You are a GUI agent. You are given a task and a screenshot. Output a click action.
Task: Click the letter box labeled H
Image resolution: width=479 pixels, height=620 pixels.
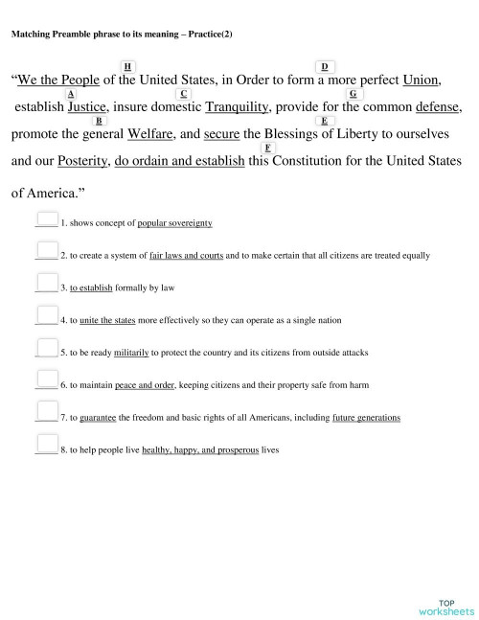128,64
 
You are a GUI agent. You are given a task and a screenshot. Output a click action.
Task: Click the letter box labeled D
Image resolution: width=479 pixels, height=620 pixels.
325,66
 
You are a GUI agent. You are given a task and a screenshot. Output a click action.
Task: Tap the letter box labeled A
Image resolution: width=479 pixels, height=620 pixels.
72,93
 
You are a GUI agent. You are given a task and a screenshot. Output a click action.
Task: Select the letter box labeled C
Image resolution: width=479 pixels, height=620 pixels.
183,93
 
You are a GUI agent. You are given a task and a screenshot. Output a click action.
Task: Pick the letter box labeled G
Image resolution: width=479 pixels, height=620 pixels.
353,93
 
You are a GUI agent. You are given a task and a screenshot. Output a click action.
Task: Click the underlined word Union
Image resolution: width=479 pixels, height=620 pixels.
422,80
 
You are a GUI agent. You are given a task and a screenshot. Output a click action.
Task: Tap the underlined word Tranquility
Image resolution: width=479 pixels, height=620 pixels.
239,107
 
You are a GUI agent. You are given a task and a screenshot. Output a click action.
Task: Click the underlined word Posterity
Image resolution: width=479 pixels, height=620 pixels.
82,161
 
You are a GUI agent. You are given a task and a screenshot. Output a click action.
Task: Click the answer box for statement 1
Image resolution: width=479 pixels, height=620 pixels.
46,219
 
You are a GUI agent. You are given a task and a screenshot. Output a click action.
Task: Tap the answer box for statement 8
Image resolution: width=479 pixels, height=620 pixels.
46,444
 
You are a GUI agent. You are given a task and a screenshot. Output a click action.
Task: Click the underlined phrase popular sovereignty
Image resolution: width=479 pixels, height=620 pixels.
174,223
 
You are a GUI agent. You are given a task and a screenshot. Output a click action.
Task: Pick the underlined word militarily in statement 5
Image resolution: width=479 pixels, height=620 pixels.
131,353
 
